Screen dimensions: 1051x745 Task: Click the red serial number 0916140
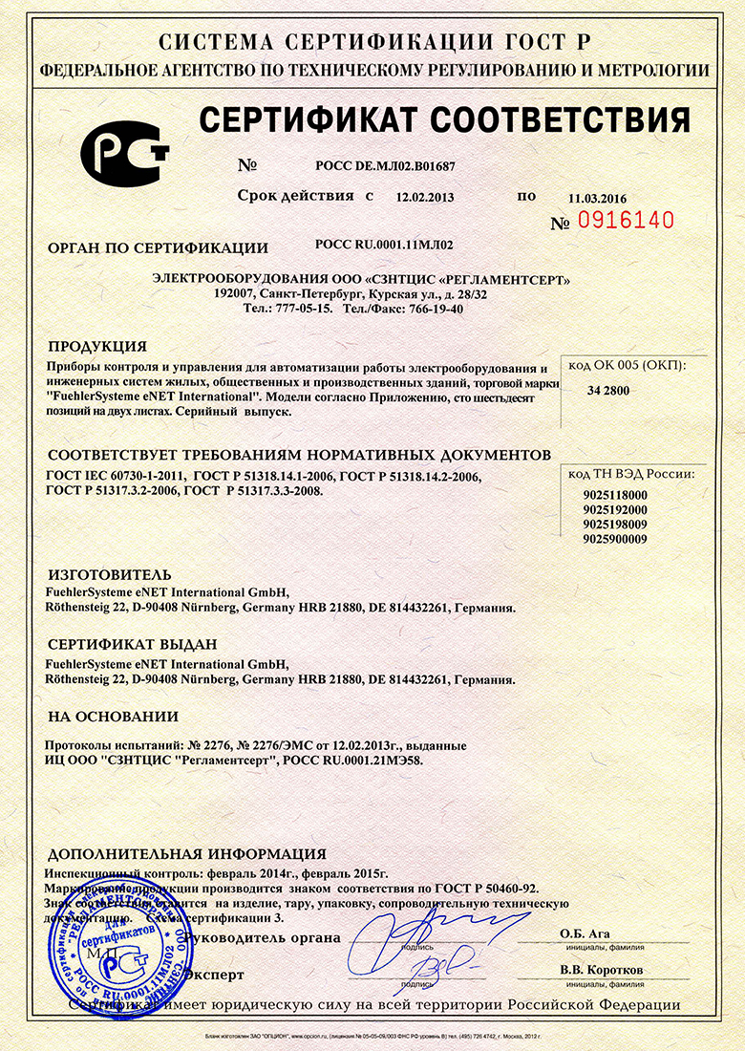pos(627,221)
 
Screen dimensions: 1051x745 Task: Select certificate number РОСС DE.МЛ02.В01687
pos(398,165)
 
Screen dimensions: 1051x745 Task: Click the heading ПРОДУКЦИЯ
pos(97,346)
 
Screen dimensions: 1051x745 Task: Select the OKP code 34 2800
pos(608,391)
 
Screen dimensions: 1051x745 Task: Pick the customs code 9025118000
pos(614,495)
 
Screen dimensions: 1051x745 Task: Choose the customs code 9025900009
pos(614,540)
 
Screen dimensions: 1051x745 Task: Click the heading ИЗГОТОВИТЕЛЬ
pos(109,574)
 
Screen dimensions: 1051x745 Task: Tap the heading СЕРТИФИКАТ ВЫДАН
pos(132,644)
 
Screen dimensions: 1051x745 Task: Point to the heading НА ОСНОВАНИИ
pos(113,716)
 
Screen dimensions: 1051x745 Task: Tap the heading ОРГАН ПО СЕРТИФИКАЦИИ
pos(158,248)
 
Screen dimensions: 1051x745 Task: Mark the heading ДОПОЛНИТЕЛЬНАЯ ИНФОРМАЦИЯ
pos(186,854)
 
